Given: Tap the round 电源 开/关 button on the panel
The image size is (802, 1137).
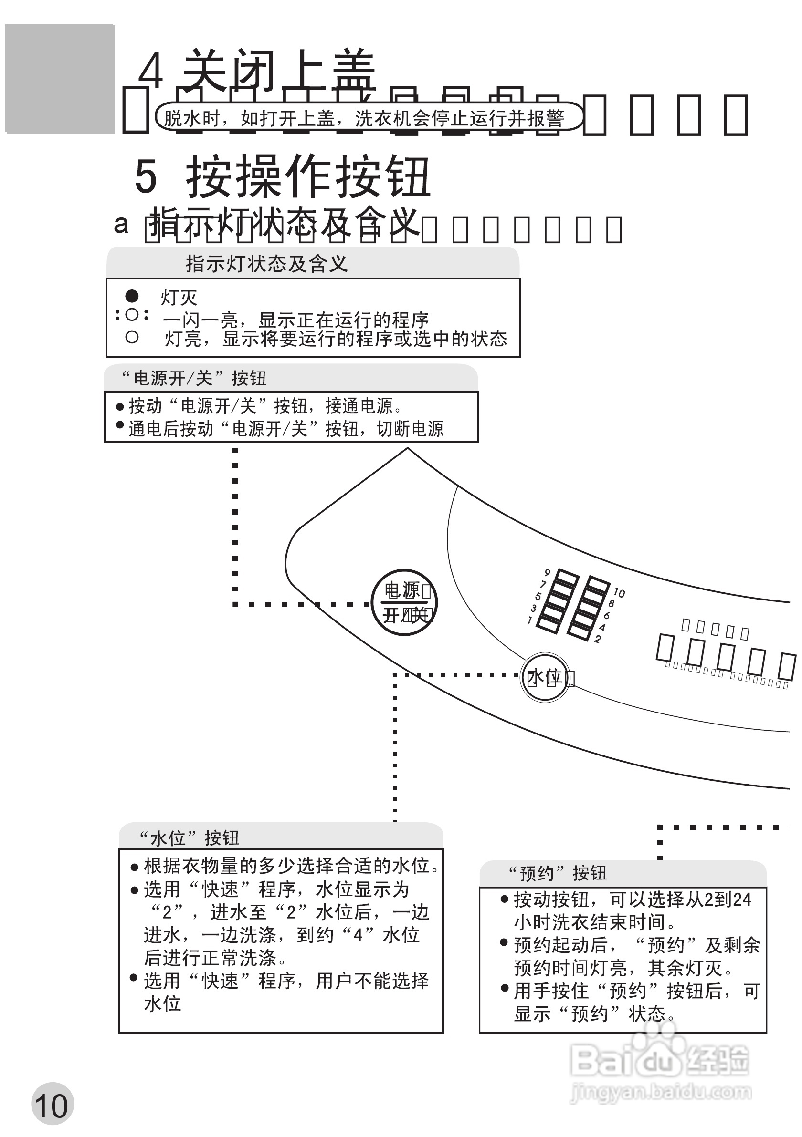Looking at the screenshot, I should coord(404,602).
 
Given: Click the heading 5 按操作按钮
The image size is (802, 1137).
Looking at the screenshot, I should coord(283,177).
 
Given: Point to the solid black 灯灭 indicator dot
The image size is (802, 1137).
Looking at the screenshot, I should coord(132,296).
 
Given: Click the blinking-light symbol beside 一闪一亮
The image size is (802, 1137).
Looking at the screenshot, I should coord(132,314).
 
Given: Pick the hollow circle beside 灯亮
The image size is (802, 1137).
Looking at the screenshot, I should coord(132,337).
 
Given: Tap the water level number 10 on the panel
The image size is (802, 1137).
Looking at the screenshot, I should coord(619,593).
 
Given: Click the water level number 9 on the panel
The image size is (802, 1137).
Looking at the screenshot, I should coord(547,573).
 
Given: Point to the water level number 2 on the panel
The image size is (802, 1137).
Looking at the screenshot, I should coord(598,639).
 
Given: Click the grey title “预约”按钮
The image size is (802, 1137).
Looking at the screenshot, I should coord(558,873).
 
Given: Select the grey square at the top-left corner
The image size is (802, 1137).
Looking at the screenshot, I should coord(60,79).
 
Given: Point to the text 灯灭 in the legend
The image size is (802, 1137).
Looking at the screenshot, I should coord(179,298).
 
